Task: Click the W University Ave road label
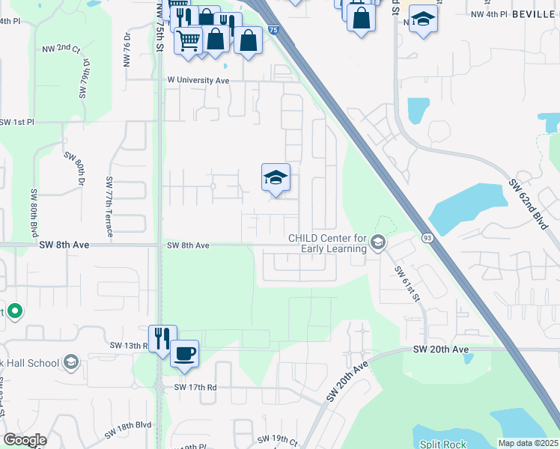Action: point(198,79)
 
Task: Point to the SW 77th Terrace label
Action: point(109,207)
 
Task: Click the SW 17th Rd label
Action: point(195,387)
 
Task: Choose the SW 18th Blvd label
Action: point(128,429)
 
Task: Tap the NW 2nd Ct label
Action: point(61,49)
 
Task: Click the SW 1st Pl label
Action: point(17,121)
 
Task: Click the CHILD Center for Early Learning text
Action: point(328,244)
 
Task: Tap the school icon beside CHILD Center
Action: point(378,241)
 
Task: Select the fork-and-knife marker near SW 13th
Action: point(162,337)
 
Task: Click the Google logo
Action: point(25,440)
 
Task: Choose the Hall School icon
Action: point(70,363)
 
